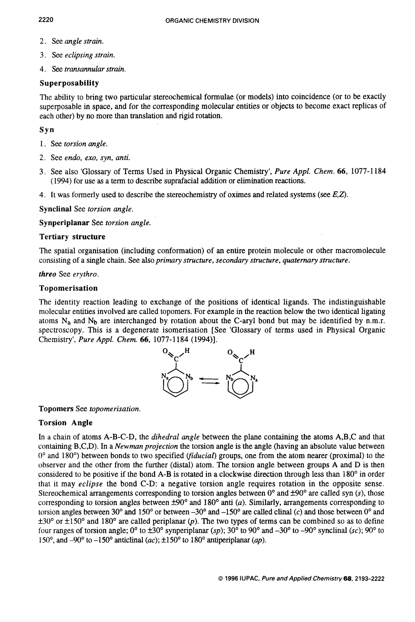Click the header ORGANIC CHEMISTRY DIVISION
click(212, 21)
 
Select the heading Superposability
click(69, 83)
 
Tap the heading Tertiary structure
click(72, 237)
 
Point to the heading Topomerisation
click(68, 288)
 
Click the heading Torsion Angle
click(66, 423)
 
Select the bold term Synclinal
click(56, 209)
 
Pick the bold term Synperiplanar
click(64, 223)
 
